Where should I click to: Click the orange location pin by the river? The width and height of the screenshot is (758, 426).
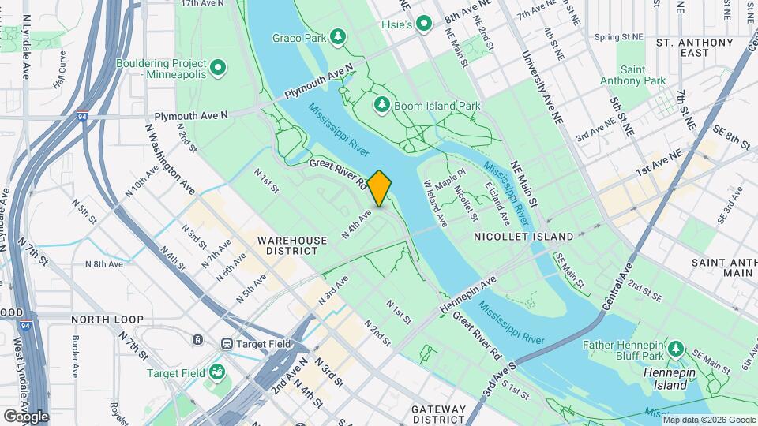point(379,188)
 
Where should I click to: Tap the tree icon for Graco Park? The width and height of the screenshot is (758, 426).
point(338,36)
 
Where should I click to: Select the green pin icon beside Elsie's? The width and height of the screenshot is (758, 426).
point(425,25)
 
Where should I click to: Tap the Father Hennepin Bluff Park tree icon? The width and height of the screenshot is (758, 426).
point(675,349)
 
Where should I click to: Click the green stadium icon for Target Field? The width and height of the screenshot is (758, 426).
point(217,372)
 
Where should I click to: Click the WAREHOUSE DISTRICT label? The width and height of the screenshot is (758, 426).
point(286,245)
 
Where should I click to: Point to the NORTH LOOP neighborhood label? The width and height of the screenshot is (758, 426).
point(107,319)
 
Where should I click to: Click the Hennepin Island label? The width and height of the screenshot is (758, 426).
point(670,378)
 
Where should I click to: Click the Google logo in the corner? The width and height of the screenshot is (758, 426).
point(25,416)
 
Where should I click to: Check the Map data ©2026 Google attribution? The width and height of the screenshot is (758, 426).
point(708,420)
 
